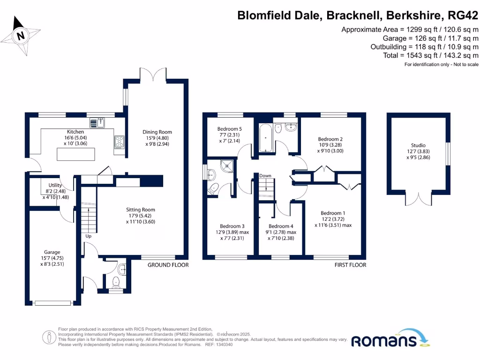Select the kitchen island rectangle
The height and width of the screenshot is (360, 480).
[x=75, y=154]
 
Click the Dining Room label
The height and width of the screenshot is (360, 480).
[x=157, y=132]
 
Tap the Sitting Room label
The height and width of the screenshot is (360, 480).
[x=140, y=210]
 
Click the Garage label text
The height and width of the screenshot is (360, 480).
[x=52, y=252]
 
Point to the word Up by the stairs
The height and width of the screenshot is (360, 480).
[x=88, y=236]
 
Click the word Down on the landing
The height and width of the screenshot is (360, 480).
[x=265, y=176]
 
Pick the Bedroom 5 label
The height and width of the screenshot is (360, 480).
[x=230, y=129]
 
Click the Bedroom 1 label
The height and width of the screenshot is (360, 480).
[x=333, y=213]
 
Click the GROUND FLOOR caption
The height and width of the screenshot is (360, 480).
[x=168, y=265]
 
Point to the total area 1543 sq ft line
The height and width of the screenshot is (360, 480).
[x=430, y=55]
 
